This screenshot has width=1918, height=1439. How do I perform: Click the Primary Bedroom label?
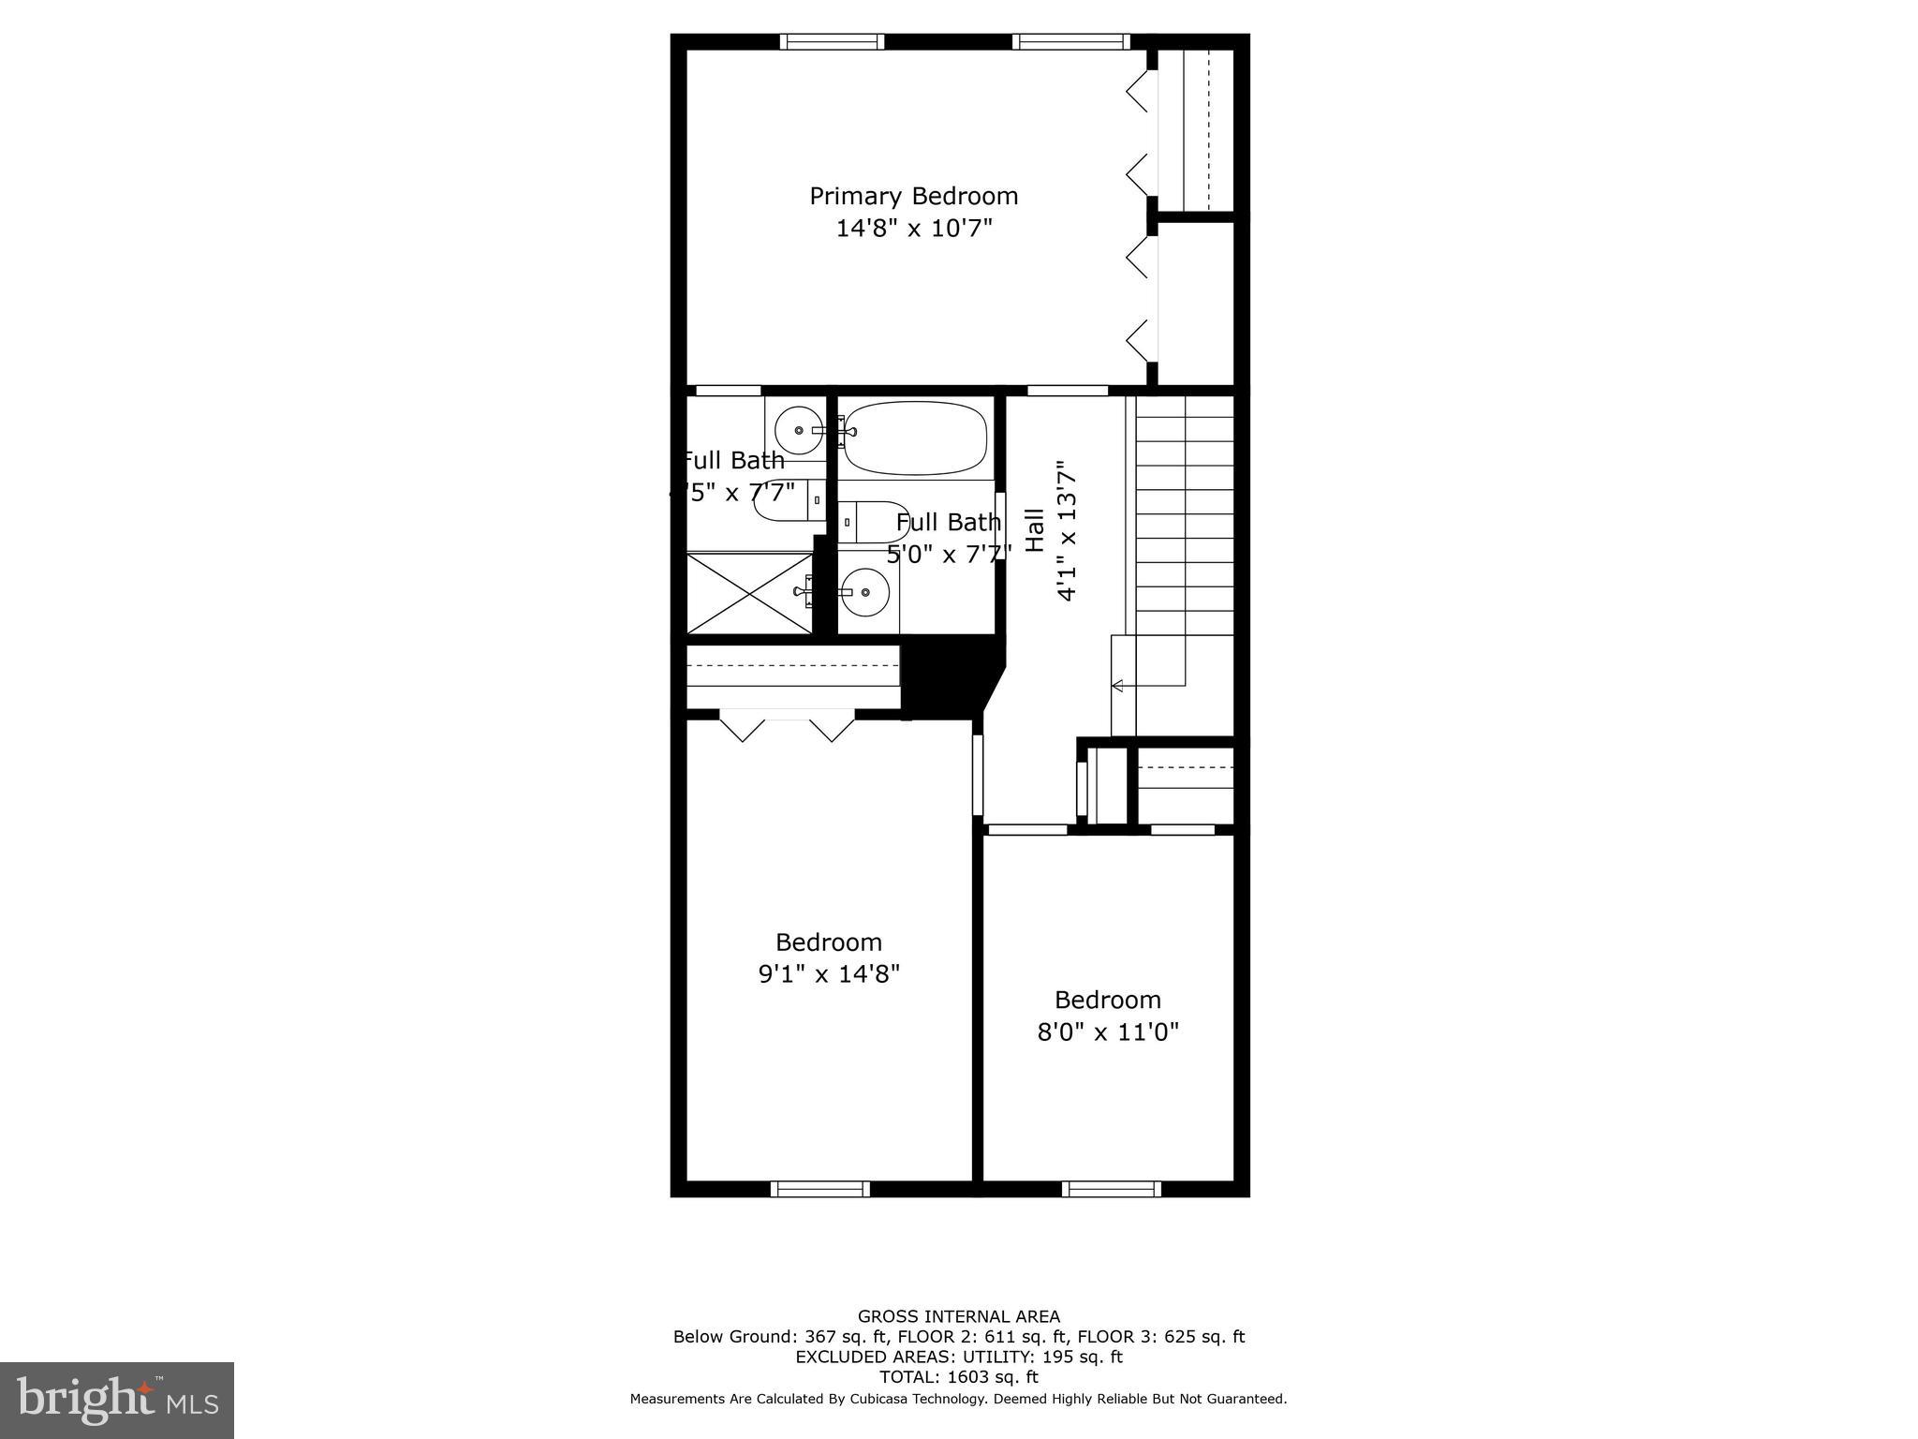point(913,196)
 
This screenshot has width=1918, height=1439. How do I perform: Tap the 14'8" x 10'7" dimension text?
point(913,228)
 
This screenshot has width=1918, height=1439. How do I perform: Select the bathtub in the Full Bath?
point(915,438)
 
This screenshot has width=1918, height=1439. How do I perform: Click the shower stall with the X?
point(749,593)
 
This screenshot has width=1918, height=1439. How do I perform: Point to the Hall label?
point(1035,530)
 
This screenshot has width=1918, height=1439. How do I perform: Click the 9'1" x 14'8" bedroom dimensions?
point(829,974)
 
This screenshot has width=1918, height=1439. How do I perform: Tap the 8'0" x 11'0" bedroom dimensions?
point(1108,1032)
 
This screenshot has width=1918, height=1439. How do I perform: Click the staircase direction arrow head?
point(1116,686)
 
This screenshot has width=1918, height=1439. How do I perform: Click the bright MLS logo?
point(117,1400)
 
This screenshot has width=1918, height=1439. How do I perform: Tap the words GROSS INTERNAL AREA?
point(959,1317)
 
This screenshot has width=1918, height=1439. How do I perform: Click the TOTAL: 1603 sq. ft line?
point(959,1377)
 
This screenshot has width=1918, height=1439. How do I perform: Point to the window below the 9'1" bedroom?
point(819,1189)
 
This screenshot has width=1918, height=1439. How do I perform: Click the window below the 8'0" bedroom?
point(1112,1189)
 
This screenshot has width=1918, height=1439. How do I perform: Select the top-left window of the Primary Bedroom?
point(833,41)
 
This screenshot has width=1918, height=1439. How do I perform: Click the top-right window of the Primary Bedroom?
point(1070,41)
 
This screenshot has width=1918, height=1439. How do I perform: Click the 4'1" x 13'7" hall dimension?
point(1066,530)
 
